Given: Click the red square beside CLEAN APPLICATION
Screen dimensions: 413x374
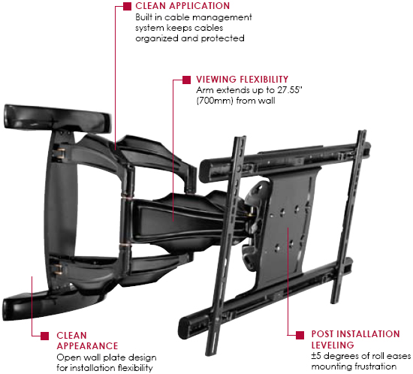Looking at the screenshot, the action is pyautogui.click(x=127, y=6).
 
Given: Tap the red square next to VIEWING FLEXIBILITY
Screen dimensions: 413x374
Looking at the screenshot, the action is pyautogui.click(x=186, y=80).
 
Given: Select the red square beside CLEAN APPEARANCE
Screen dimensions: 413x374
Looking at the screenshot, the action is pyautogui.click(x=45, y=336).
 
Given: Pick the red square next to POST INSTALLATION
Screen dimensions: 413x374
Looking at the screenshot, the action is pyautogui.click(x=300, y=335).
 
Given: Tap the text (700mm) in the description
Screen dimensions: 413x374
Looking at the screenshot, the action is pyautogui.click(x=215, y=101).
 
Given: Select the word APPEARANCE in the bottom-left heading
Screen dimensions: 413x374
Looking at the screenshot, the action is pyautogui.click(x=87, y=346).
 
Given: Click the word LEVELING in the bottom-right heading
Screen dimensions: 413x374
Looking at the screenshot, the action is pyautogui.click(x=333, y=345).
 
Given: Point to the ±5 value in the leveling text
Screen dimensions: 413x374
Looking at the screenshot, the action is pyautogui.click(x=316, y=356).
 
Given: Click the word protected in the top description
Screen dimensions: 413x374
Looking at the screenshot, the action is pyautogui.click(x=222, y=39).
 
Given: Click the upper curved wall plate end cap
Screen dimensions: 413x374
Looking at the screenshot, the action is pyautogui.click(x=57, y=119).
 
